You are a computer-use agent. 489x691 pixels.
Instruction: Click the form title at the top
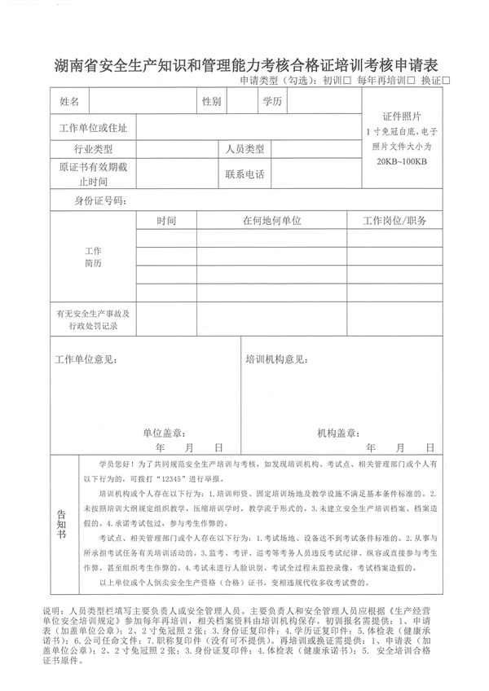(x=244, y=64)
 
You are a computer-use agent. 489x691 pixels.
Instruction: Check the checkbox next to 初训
(x=348, y=81)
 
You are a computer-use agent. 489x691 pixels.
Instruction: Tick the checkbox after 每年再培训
(x=411, y=81)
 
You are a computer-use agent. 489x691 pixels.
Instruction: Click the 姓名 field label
(x=69, y=102)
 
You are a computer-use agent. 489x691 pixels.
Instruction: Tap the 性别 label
(x=211, y=102)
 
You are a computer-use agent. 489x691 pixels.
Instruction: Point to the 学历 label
(x=272, y=102)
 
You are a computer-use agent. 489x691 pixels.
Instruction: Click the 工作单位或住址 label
(x=93, y=128)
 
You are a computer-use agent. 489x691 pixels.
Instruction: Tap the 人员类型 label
(x=244, y=150)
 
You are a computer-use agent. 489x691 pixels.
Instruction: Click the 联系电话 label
(x=244, y=174)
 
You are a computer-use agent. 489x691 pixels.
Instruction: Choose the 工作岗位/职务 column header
(x=394, y=221)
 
